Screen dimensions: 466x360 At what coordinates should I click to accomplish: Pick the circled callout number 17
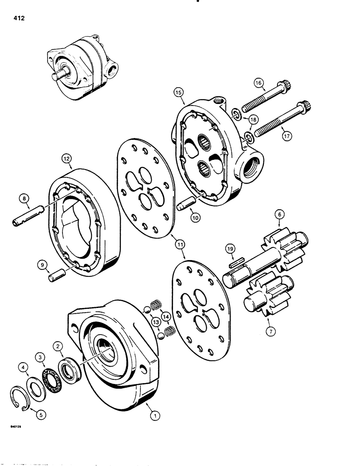pos(288,137)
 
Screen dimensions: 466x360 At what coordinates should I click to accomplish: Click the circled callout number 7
pos(270,332)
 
